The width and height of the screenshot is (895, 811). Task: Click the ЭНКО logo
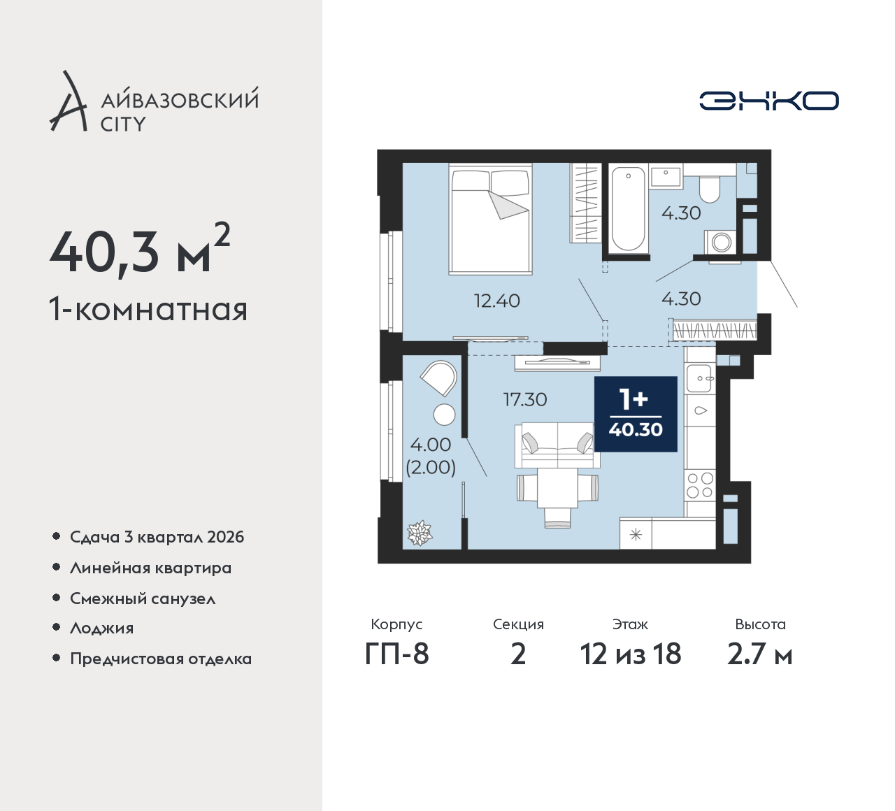tap(768, 101)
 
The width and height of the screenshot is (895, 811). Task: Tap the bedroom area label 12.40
tap(496, 301)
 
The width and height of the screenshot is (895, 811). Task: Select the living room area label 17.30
tap(524, 400)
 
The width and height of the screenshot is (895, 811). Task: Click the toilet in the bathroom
tap(710, 190)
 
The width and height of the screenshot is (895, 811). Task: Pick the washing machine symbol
tap(721, 243)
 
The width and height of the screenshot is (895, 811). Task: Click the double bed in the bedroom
tap(491, 219)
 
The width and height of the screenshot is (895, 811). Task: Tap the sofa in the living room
tap(555, 445)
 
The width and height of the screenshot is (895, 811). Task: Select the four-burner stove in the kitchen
tap(700, 486)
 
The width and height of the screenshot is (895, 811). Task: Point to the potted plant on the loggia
tap(420, 533)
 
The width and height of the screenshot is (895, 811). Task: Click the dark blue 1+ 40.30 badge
tap(636, 414)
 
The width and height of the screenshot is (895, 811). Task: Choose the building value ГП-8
tap(396, 654)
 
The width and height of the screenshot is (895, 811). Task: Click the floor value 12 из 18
tap(631, 654)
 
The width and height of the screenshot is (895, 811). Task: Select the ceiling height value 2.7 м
tap(759, 654)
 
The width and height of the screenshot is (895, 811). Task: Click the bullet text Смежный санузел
tap(143, 598)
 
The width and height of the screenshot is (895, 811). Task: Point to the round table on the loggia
tap(444, 415)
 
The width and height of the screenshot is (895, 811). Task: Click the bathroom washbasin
tap(666, 176)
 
